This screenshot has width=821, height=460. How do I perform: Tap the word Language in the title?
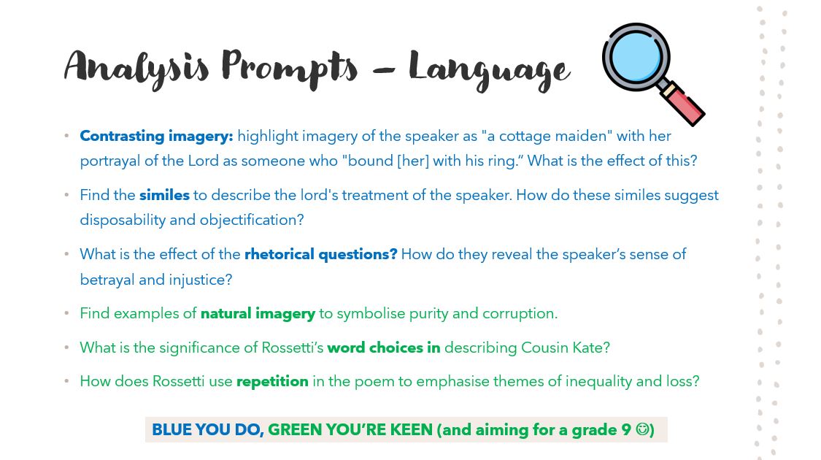[x=488, y=70]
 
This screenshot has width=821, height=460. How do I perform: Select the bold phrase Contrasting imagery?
[x=156, y=136]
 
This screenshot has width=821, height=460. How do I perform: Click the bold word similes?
[x=164, y=195]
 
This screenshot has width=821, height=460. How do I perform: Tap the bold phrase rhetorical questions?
[x=320, y=254]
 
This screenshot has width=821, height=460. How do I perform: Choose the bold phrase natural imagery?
[x=258, y=313]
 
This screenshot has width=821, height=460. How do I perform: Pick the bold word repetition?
[x=272, y=381]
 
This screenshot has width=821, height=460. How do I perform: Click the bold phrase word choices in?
[x=383, y=348]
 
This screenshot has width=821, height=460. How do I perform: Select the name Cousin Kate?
[x=565, y=348]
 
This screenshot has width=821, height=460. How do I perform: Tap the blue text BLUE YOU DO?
[x=207, y=430]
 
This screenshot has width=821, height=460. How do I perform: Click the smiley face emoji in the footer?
[x=642, y=429]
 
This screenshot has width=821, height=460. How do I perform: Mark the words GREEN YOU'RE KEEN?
[x=350, y=430]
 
